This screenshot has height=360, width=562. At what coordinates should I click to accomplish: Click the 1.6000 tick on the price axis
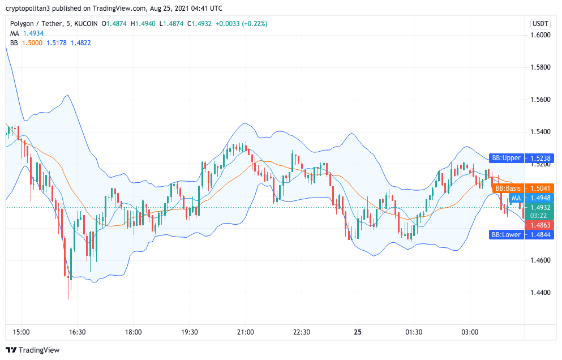click(x=540, y=35)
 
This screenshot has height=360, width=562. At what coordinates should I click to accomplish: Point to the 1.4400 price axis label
click(x=540, y=293)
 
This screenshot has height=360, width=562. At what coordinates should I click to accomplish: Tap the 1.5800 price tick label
click(x=540, y=67)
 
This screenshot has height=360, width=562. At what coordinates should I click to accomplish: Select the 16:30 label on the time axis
click(x=77, y=332)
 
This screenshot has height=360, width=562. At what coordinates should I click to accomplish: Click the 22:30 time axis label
click(x=301, y=332)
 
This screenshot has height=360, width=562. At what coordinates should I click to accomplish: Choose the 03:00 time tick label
click(x=470, y=332)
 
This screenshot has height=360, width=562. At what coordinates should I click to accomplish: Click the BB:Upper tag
click(x=505, y=158)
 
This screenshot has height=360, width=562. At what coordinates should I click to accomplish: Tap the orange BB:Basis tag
click(x=507, y=188)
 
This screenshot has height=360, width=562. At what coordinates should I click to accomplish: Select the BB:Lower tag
click(x=505, y=235)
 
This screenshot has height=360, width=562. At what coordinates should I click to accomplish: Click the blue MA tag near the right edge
click(x=516, y=198)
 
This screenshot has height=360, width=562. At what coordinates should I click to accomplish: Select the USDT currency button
click(x=540, y=24)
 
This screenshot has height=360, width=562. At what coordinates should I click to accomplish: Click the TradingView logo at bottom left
click(x=33, y=350)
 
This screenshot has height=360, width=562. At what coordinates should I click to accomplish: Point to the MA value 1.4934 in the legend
click(x=34, y=33)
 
